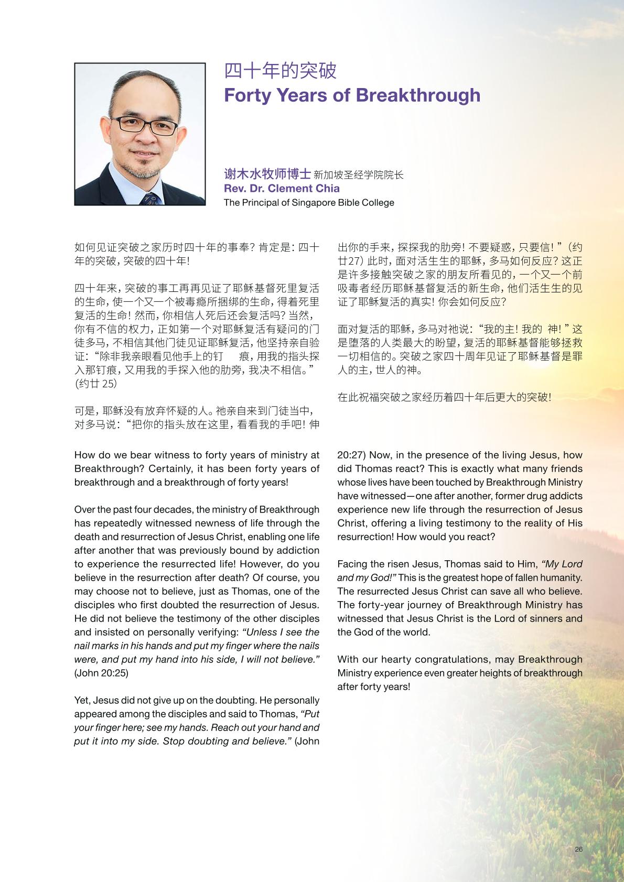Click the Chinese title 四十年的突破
280,71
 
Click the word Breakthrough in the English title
418,95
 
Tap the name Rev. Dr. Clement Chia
282,189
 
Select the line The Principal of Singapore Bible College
309,203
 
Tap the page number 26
578,850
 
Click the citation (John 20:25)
101,673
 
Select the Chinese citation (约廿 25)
95,384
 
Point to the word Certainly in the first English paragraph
171,469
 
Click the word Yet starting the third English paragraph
82,701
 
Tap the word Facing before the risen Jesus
353,564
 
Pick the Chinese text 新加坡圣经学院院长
358,175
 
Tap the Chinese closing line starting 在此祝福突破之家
444,397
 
